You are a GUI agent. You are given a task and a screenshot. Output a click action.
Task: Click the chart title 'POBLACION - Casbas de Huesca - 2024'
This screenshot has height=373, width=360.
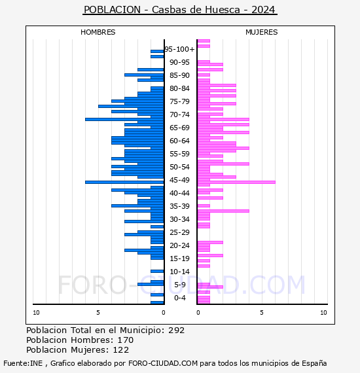point(179,10)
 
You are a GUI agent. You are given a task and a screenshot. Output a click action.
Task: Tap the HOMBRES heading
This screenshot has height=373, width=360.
point(98,32)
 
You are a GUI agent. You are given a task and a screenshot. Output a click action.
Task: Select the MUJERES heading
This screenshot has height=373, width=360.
point(262,32)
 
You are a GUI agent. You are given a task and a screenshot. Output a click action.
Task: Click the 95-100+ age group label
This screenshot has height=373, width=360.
point(179,49)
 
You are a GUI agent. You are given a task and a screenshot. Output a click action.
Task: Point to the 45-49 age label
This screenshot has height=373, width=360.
point(179,180)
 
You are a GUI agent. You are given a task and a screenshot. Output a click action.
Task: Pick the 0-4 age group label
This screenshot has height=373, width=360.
point(180,298)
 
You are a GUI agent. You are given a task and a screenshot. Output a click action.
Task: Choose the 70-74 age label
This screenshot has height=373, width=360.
point(179,115)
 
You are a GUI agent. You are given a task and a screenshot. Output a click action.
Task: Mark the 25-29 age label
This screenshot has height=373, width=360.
point(179,232)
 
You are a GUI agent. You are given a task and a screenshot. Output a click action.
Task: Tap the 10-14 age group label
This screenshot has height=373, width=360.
point(179,272)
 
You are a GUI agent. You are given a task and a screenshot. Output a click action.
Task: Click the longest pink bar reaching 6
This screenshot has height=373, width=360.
point(236,182)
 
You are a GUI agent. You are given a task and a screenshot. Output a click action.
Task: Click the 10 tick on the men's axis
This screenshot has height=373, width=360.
point(36,313)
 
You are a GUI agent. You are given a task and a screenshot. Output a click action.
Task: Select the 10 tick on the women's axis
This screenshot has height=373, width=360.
point(323,313)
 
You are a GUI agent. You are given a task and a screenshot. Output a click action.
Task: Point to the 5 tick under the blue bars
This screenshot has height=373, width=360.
point(98,313)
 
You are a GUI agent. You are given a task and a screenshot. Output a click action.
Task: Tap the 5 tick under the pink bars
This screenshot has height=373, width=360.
point(262,313)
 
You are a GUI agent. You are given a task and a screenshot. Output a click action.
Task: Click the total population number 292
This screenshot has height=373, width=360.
point(176,330)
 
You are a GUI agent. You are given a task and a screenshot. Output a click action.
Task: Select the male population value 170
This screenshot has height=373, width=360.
point(126,340)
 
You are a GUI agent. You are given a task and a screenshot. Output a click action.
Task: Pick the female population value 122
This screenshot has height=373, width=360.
point(120,349)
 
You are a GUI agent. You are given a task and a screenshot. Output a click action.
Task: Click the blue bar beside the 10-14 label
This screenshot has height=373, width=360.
point(157,271)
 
